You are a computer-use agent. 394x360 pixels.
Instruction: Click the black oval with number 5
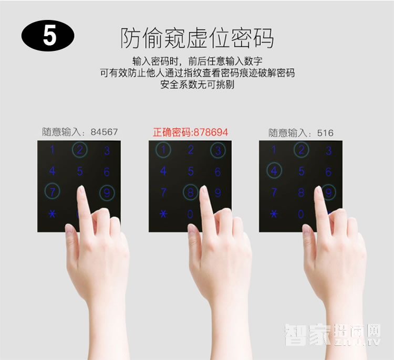coord(48,37)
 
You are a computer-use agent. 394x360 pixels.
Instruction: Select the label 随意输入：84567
coord(80,132)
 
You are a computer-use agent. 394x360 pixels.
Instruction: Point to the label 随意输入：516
coord(301,133)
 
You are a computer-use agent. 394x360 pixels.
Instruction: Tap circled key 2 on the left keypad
coord(80,150)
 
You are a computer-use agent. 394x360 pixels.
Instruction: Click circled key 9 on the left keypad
coord(107,193)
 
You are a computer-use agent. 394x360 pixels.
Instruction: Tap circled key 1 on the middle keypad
coord(163,151)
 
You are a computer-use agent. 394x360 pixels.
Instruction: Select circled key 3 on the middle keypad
coord(217,151)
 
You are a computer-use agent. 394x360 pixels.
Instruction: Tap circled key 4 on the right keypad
coord(274,171)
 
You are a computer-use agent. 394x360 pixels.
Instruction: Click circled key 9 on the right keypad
coord(328,193)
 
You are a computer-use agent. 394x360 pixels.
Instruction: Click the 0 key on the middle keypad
coord(190,214)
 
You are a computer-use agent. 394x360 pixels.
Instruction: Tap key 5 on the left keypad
coord(80,171)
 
